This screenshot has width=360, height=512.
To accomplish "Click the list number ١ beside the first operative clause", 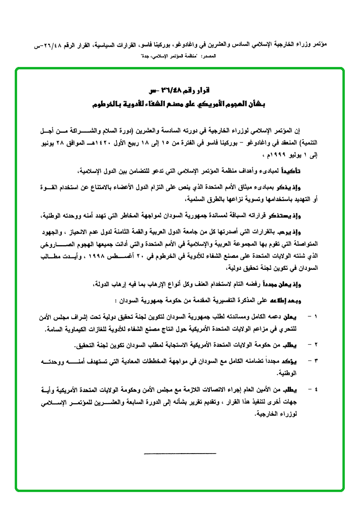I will point(317,316).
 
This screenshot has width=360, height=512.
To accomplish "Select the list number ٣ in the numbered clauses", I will point(317,360).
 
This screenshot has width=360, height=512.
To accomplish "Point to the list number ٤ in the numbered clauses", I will point(317,390).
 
